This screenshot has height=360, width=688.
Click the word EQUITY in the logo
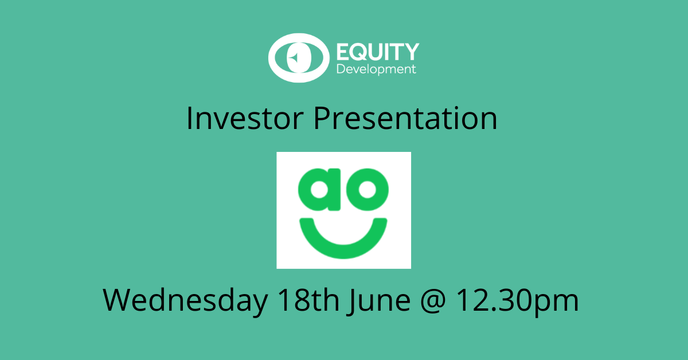point(378,52)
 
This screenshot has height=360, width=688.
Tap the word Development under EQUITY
point(376,70)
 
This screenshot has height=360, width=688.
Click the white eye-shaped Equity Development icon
point(299,58)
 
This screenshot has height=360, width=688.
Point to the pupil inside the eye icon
point(299,58)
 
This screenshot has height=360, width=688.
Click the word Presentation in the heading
point(405,118)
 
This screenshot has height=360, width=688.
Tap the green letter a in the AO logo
point(319,190)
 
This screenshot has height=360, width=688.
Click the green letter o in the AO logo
point(368,190)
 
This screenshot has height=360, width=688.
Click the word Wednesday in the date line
point(185,300)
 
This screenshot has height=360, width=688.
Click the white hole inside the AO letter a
point(319,190)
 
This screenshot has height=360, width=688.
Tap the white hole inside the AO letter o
point(368,190)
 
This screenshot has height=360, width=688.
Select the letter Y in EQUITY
point(411,52)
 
